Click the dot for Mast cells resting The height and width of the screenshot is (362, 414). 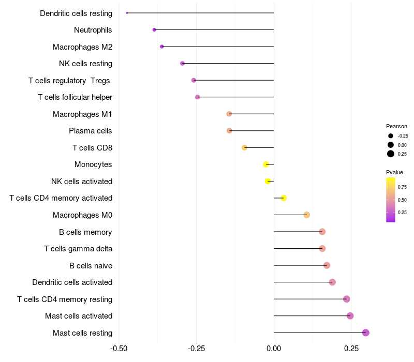click(365, 333)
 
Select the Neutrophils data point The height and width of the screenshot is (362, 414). click(154, 30)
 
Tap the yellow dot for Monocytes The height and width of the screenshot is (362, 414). click(266, 164)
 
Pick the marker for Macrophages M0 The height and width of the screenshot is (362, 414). click(306, 215)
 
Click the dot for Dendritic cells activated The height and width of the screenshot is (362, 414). click(332, 282)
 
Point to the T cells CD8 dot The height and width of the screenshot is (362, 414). click(244, 147)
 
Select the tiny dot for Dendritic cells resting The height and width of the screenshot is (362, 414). click(127, 13)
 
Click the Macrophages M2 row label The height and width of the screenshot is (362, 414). click(82, 47)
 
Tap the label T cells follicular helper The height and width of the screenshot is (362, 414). click(75, 97)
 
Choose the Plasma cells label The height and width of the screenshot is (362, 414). click(91, 131)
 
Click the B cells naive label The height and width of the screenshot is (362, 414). click(91, 266)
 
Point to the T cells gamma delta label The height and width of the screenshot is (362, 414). click(78, 249)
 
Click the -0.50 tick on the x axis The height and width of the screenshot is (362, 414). click(119, 349)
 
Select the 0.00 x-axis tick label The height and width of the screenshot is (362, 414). click(273, 349)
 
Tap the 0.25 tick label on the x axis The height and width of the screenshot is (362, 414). click(351, 349)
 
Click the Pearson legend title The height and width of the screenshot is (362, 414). click(396, 126)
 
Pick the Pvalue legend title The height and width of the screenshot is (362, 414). click(394, 172)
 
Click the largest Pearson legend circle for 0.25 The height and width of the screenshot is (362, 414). click(390, 154)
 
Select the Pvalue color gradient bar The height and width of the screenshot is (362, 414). click(390, 200)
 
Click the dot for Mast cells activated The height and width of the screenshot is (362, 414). click(350, 315)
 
